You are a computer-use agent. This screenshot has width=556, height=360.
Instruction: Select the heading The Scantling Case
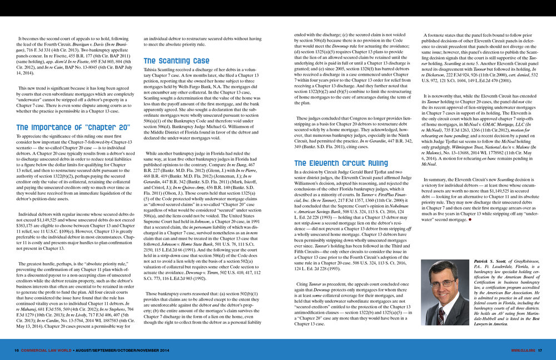[176, 61]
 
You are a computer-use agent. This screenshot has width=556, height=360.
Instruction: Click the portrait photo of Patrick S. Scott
[444, 293]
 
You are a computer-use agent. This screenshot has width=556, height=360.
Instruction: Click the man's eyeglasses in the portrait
[443, 283]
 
